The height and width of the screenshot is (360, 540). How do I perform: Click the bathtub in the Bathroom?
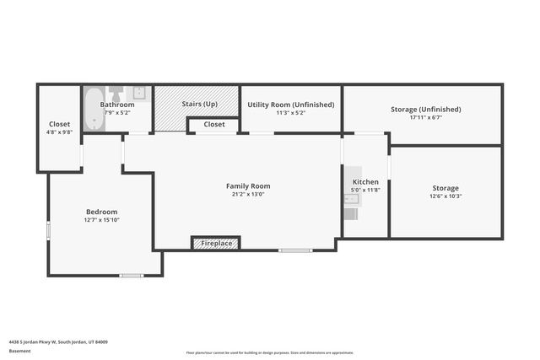(93, 110)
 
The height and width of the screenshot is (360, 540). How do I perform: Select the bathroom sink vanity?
(141, 93)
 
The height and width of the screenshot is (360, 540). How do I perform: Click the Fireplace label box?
(216, 244)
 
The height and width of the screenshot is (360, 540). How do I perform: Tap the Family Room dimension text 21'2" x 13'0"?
(248, 194)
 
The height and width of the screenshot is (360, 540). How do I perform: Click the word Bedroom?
(101, 212)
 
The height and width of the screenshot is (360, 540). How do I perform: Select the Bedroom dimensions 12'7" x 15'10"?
(101, 220)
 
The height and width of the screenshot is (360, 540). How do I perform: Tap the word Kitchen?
(365, 182)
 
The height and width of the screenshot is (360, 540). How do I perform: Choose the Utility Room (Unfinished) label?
(290, 105)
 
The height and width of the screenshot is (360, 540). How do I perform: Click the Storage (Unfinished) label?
(426, 110)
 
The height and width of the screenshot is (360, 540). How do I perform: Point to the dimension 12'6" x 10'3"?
(445, 196)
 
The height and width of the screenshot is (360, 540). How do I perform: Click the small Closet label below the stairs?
(214, 125)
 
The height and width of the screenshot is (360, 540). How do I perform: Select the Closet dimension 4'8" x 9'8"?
(59, 132)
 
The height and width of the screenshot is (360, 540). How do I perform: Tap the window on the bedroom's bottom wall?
(131, 275)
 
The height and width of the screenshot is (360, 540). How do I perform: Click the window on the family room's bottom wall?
(295, 250)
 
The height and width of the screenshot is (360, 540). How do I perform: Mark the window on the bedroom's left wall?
(49, 228)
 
